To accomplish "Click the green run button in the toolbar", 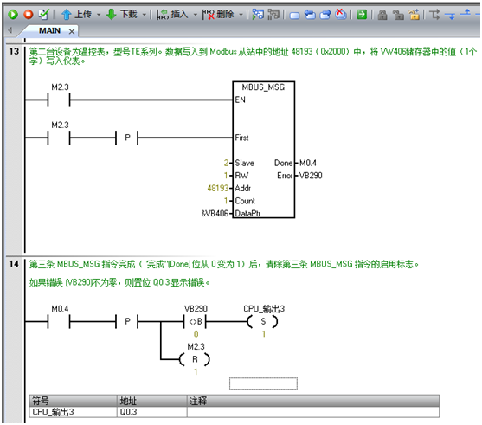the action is pos(13,14).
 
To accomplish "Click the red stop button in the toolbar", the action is pos(29,14).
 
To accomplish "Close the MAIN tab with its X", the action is pos(72,31).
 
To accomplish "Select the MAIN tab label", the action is pos(49,31).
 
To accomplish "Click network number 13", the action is pos(14,51).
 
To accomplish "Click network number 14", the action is pos(14,264).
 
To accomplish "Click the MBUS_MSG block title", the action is pos(263,87).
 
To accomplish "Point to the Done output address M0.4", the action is pos(308,163).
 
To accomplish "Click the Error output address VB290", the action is pos(311,176).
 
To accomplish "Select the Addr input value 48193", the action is pos(218,188).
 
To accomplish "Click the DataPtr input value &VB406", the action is pos(215,213).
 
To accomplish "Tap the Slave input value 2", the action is pos(226,163).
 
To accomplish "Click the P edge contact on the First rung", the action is pos(127,138).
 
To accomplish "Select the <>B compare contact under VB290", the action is pos(196,322).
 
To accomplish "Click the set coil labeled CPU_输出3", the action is pos(263,322).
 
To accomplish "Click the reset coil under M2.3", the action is pos(195,359).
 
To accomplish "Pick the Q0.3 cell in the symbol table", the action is pos(151,412).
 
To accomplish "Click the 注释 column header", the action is pos(313,401).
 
